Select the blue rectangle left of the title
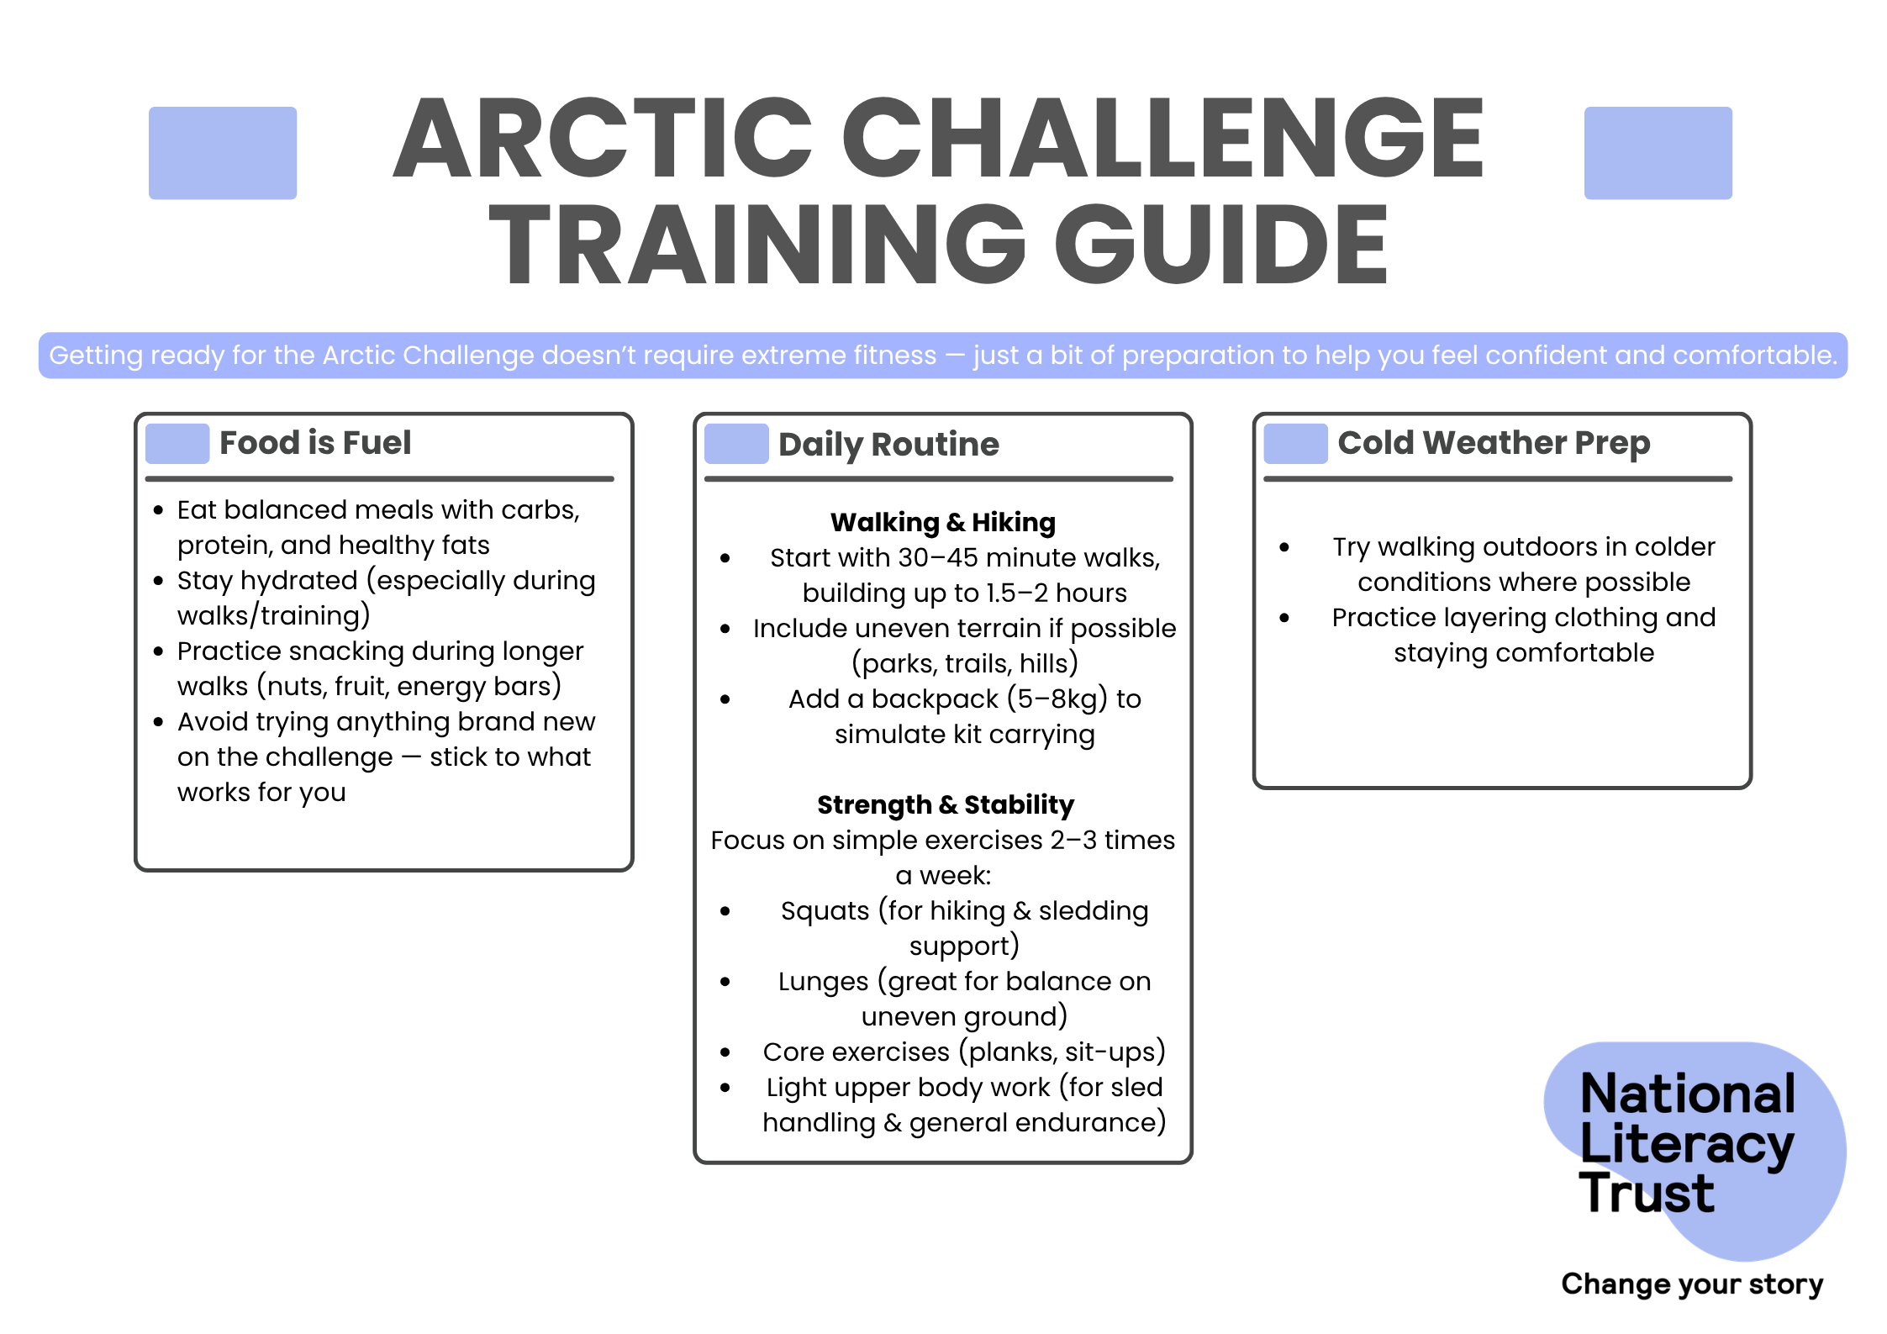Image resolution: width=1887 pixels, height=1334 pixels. [223, 153]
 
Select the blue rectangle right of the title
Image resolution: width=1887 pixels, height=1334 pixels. [1658, 153]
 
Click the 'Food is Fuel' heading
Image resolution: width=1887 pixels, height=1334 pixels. [315, 443]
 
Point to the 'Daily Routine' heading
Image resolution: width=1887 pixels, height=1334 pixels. [888, 445]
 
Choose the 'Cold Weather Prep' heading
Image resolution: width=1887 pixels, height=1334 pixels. [1494, 443]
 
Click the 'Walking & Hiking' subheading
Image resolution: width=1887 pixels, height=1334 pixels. [943, 523]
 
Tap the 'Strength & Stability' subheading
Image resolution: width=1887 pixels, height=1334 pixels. [946, 805]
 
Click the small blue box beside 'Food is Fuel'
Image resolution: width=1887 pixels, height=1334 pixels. [177, 444]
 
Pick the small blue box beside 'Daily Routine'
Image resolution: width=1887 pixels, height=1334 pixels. [736, 444]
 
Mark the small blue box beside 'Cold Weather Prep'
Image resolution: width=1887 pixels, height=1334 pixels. [1295, 444]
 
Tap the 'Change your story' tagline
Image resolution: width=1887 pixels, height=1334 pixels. [1692, 1284]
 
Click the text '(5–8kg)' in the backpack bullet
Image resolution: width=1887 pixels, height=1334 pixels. [1057, 699]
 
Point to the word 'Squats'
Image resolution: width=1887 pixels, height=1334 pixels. [825, 911]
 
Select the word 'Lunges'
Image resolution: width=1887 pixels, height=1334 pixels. [823, 983]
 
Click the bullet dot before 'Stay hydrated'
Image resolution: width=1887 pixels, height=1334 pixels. [158, 581]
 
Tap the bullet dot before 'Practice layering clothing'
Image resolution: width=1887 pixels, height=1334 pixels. [1284, 618]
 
